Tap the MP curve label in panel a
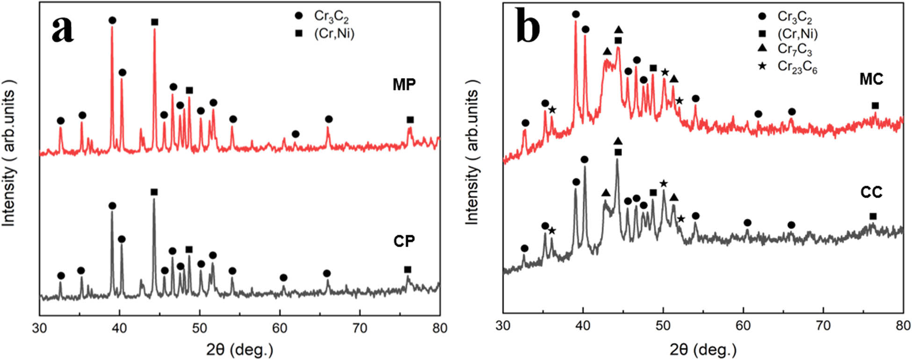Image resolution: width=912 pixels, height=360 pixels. [x=404, y=85]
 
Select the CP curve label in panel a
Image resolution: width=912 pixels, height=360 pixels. [x=404, y=241]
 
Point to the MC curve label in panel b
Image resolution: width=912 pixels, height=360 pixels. [x=871, y=79]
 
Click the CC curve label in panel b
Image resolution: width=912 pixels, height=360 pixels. [x=871, y=192]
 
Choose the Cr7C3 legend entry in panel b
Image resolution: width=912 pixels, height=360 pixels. [x=795, y=49]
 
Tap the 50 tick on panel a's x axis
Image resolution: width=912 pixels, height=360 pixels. [x=200, y=328]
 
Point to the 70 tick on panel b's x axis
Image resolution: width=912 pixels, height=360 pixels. [x=823, y=326]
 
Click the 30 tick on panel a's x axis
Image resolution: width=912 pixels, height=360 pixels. [x=40, y=328]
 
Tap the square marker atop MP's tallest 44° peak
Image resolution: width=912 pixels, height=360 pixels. [x=155, y=22]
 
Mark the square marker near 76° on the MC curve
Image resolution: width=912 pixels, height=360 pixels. [x=875, y=106]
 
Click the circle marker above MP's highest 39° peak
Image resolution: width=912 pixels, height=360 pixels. [x=112, y=20]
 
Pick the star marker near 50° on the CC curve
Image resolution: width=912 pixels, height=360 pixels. [x=663, y=183]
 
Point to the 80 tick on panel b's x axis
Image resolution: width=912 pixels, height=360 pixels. [x=903, y=326]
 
